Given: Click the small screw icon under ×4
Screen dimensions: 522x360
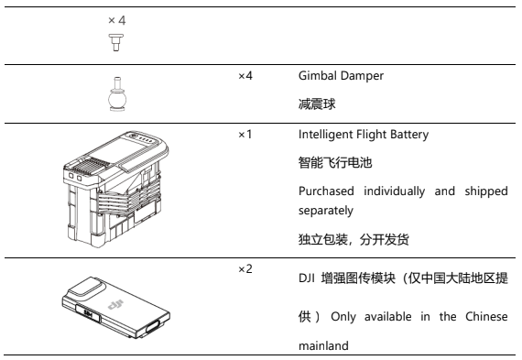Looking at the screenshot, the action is pyautogui.click(x=116, y=42).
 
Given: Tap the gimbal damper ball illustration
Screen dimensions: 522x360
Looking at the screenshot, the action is pyautogui.click(x=117, y=94).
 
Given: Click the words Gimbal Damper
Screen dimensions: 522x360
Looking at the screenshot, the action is pyautogui.click(x=341, y=76).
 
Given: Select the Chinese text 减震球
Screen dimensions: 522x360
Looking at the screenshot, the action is pyautogui.click(x=317, y=104).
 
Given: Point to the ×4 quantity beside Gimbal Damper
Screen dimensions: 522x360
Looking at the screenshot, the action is pyautogui.click(x=245, y=76).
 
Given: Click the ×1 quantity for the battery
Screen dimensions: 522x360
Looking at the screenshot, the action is pyautogui.click(x=245, y=135).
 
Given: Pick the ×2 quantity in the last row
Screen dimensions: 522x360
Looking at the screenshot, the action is pyautogui.click(x=245, y=269).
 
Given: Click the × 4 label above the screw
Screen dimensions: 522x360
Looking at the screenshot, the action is pyautogui.click(x=117, y=20).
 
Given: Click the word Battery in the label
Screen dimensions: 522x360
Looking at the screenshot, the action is pyautogui.click(x=409, y=135).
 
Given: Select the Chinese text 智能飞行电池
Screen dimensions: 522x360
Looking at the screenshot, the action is pyautogui.click(x=335, y=163).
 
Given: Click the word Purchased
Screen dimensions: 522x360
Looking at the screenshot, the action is pyautogui.click(x=326, y=191).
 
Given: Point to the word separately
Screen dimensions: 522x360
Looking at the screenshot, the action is pyautogui.click(x=326, y=211).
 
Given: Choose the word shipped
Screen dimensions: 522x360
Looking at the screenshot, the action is pyautogui.click(x=486, y=191).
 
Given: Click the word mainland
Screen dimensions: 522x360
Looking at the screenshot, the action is pyautogui.click(x=323, y=345).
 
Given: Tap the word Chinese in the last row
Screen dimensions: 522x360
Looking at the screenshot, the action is pyautogui.click(x=486, y=316).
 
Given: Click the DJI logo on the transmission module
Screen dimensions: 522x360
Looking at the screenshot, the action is pyautogui.click(x=115, y=304).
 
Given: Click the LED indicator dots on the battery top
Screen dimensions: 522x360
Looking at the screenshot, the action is pyautogui.click(x=145, y=139).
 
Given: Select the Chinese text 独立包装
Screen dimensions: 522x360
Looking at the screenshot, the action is pyautogui.click(x=323, y=239).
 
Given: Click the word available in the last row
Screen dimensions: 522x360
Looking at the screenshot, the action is pyautogui.click(x=388, y=316).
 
